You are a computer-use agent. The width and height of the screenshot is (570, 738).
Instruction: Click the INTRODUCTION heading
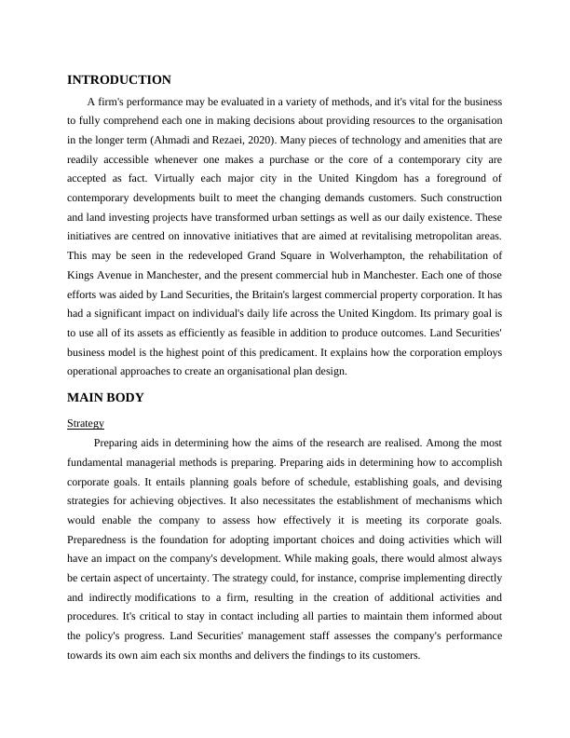tap(119, 80)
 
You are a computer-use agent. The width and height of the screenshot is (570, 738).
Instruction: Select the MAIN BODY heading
tap(105, 398)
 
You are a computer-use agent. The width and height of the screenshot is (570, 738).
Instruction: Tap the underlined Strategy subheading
tap(86, 423)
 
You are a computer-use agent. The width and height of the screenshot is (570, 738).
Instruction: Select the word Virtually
tap(177, 178)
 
